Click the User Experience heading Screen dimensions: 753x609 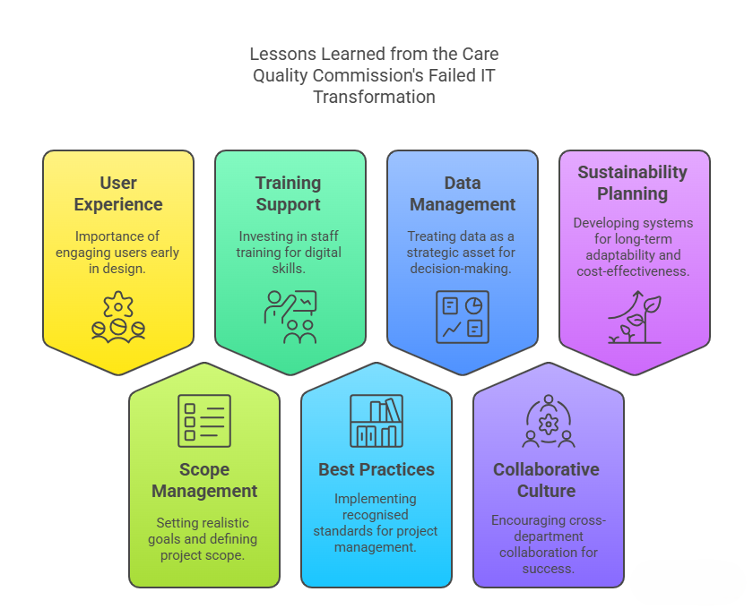tap(118, 193)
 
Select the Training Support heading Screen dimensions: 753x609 tap(288, 193)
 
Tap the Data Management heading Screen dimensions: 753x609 tap(463, 193)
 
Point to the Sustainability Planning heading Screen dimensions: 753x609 tap(633, 183)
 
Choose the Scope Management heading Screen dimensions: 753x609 tap(204, 480)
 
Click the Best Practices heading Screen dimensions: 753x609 tap(376, 469)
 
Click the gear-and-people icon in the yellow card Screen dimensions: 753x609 tap(118, 317)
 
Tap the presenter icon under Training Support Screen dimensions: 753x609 tap(290, 317)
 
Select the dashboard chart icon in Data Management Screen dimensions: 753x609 tap(463, 317)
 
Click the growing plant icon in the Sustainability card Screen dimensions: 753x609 tap(635, 317)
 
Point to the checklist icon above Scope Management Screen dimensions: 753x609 tap(204, 420)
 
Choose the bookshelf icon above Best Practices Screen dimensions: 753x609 tap(376, 420)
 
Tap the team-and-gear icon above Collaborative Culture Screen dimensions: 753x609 tap(548, 420)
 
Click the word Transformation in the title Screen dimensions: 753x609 tap(374, 97)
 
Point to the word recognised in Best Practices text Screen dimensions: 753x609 tap(376, 515)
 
